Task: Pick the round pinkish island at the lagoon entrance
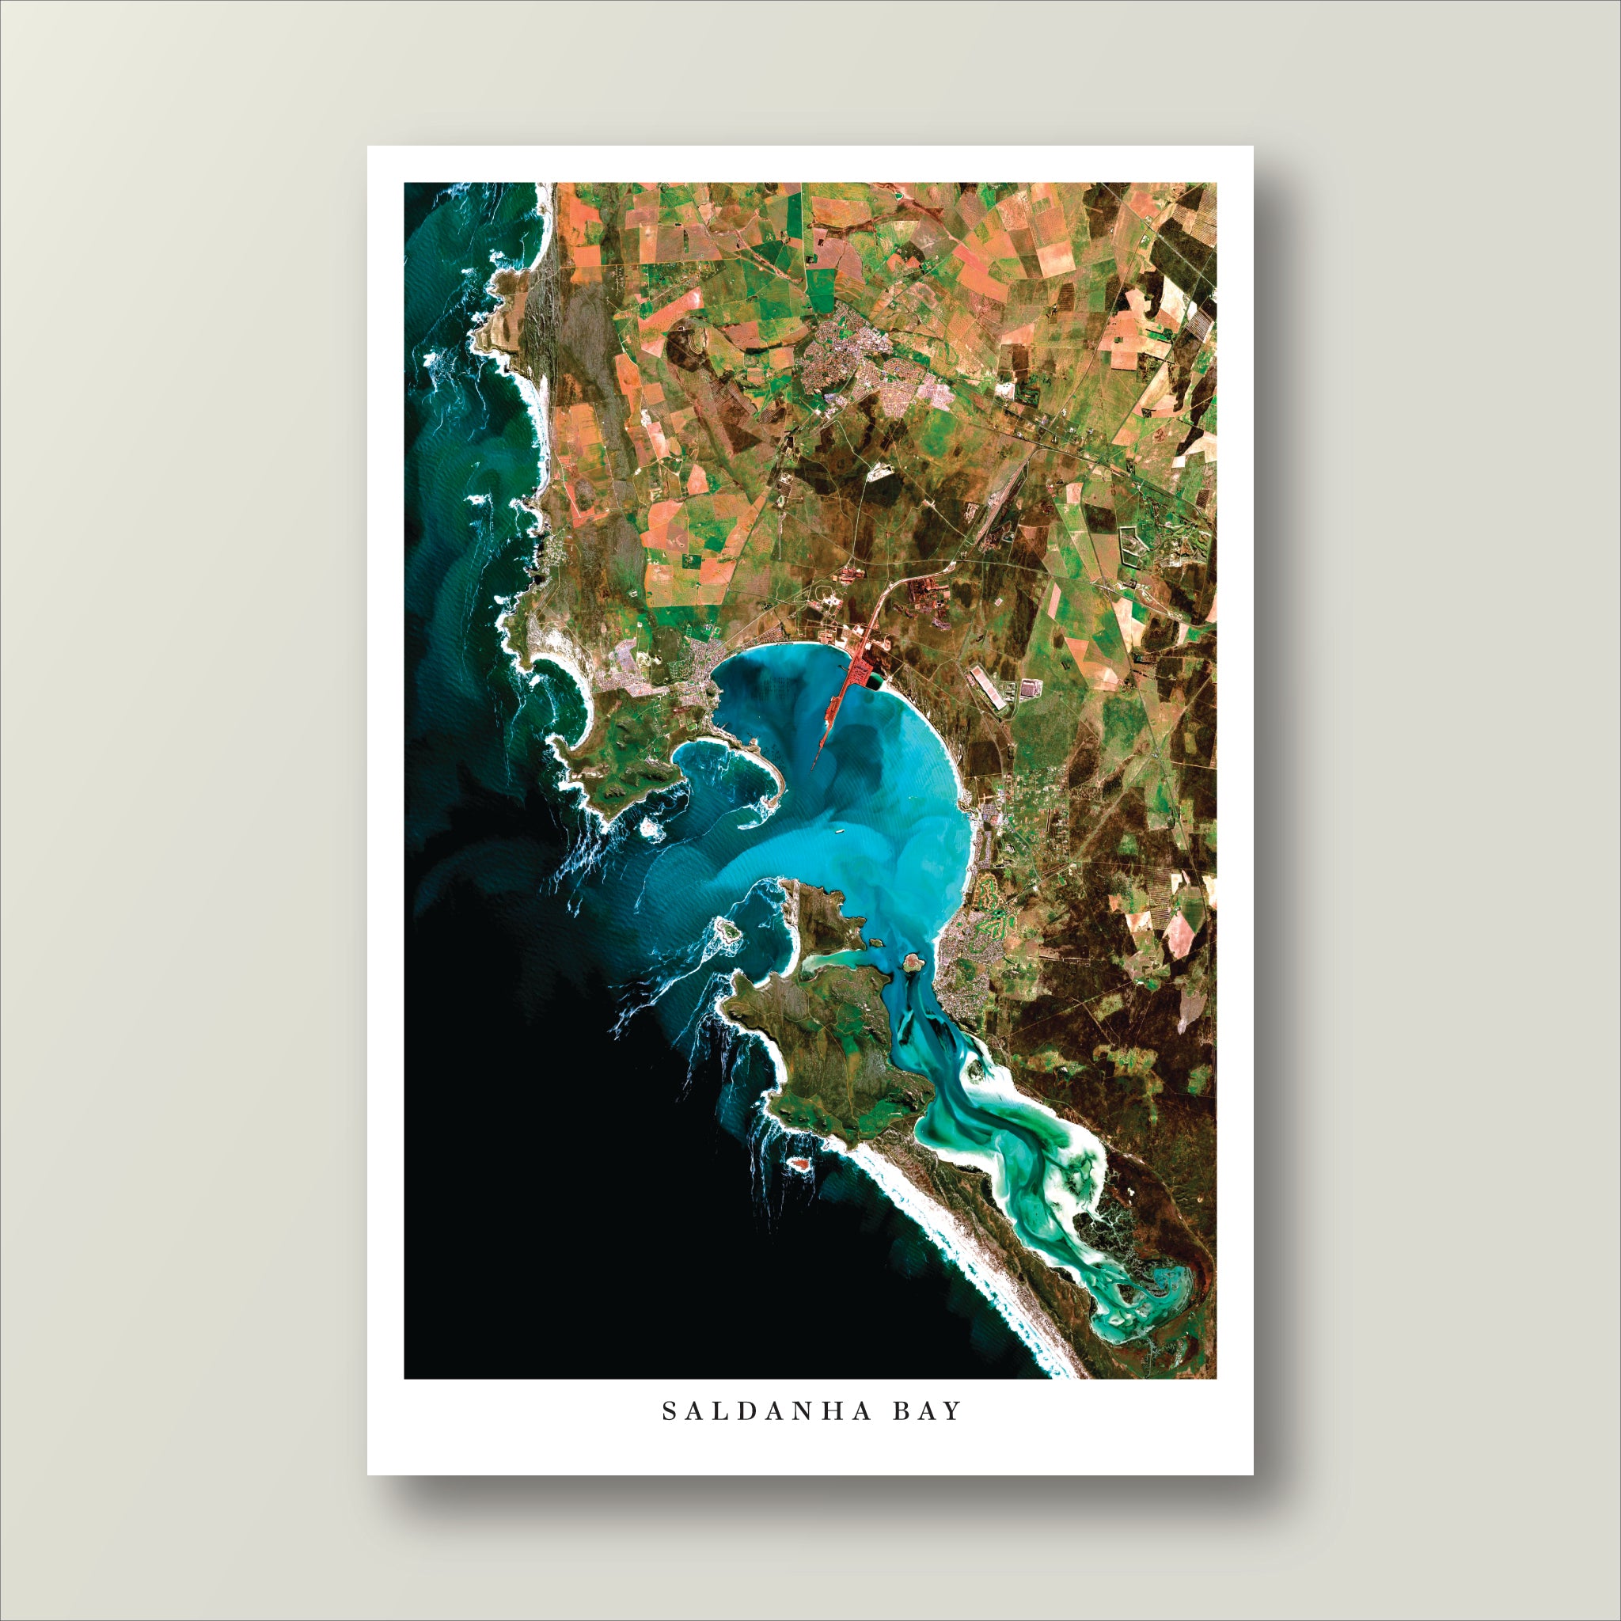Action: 911,960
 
